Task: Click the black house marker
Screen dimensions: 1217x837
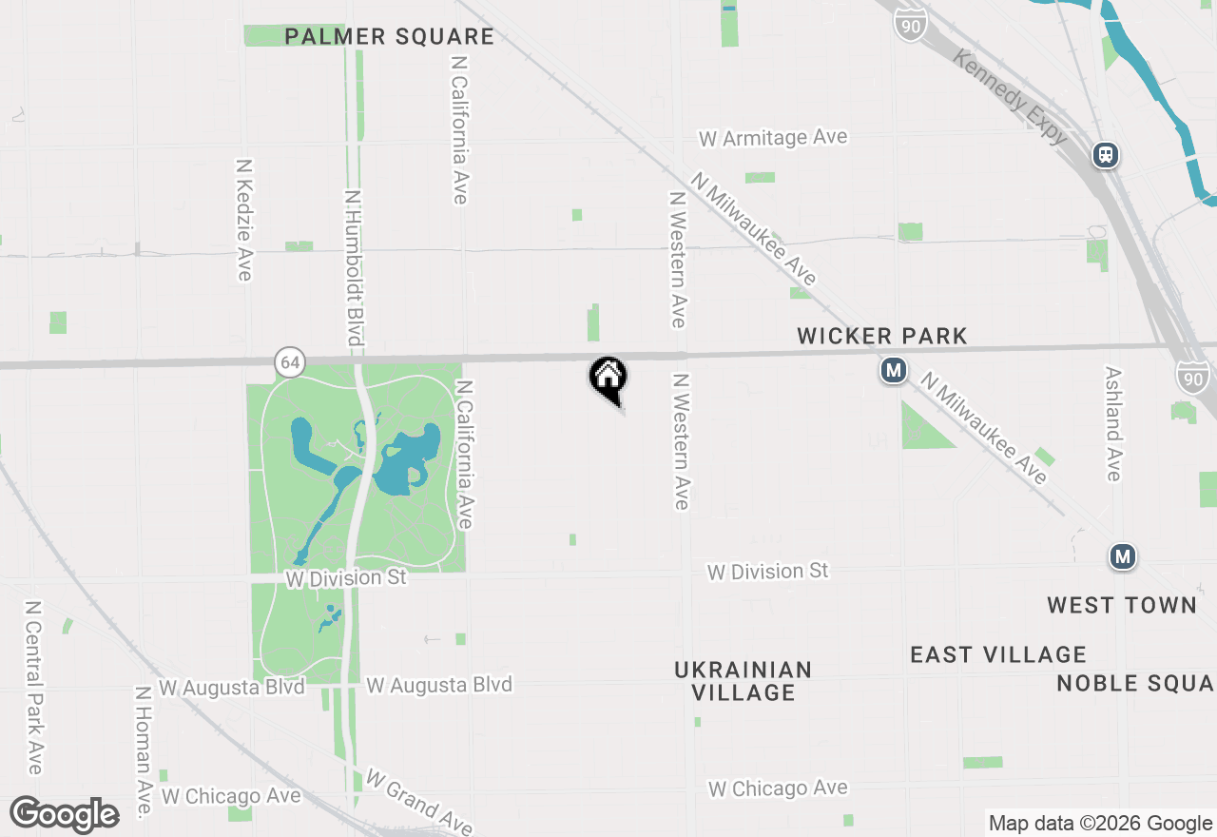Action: click(x=608, y=378)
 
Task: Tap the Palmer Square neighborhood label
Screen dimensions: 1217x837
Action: click(x=390, y=37)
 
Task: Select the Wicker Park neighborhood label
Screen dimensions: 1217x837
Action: click(x=882, y=336)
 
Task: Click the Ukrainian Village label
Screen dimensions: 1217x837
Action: click(x=744, y=681)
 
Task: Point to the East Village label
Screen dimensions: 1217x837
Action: click(x=998, y=654)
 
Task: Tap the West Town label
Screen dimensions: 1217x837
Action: click(x=1122, y=605)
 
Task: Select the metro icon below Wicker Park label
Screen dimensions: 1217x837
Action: click(x=893, y=370)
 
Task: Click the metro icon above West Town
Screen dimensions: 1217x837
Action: click(x=1123, y=555)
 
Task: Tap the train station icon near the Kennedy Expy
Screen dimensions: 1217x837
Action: click(x=1105, y=154)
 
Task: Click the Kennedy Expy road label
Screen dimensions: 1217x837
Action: click(x=1010, y=98)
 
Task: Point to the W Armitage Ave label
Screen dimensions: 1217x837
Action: click(x=772, y=138)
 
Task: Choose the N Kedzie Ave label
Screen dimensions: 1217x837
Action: click(x=243, y=219)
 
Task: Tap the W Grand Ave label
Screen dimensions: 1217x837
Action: click(x=418, y=801)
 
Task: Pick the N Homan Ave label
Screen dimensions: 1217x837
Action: click(x=144, y=753)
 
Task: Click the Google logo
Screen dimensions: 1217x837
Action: click(x=65, y=814)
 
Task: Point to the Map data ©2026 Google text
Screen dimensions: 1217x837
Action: click(x=1100, y=824)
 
